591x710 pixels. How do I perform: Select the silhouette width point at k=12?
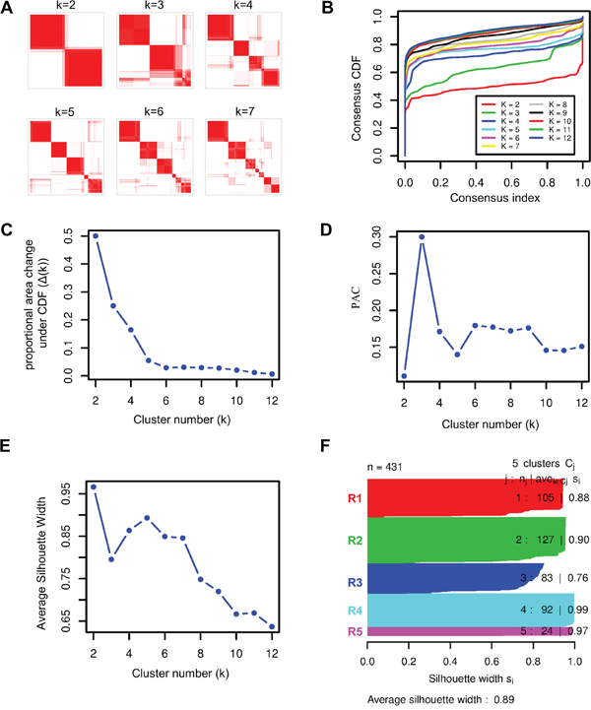click(x=272, y=625)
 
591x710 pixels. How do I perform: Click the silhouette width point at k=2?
click(x=95, y=485)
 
